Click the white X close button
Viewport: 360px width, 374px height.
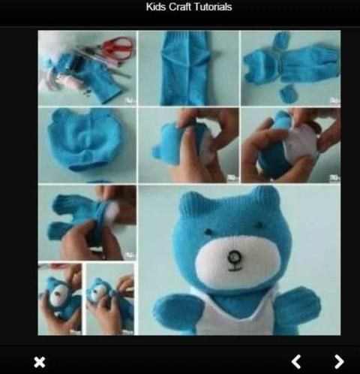[x=40, y=362]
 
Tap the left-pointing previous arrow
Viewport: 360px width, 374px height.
[x=296, y=362]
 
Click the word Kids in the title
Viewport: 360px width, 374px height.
[x=156, y=7]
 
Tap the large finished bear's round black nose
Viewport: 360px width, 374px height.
[x=235, y=257]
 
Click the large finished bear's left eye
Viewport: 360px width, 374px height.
[x=208, y=231]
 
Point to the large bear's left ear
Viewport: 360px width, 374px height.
[x=191, y=201]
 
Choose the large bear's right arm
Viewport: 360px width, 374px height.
[x=297, y=306]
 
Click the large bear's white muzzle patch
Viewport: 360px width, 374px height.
[x=237, y=261]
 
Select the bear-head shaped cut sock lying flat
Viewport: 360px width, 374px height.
[x=85, y=139]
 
